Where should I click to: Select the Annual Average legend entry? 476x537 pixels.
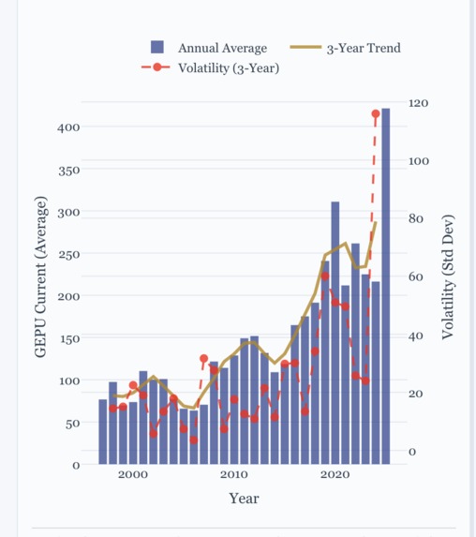point(222,48)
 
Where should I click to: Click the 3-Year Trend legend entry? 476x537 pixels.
point(363,48)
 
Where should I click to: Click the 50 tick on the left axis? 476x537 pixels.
point(73,424)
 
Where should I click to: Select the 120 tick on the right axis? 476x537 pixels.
point(420,102)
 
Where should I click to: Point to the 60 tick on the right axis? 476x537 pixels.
point(417,276)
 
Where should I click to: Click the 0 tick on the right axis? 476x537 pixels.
point(413,452)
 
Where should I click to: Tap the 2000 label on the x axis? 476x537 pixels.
point(133,475)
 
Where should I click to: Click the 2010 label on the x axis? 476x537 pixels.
point(234,475)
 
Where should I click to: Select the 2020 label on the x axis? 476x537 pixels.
point(335,475)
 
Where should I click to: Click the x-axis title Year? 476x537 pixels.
point(244,499)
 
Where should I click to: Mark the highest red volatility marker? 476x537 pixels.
point(376,113)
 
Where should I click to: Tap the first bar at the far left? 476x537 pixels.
point(103,431)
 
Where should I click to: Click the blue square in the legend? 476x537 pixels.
point(157,48)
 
